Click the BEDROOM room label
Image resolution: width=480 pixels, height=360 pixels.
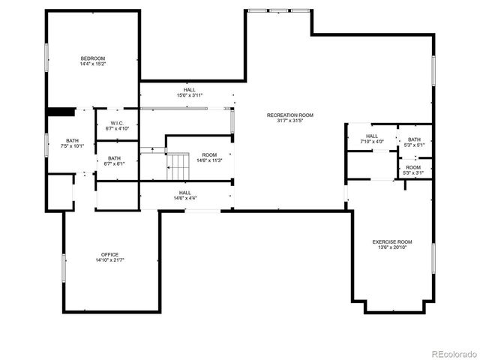93,58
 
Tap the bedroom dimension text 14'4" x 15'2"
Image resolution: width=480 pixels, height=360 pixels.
93,64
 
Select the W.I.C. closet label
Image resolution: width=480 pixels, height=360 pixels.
117,123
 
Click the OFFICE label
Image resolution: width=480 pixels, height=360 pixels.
109,254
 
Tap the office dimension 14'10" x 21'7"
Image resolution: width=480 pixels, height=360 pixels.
109,260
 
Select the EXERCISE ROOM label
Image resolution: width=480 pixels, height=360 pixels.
393,241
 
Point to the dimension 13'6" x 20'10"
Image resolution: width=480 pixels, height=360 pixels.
393,247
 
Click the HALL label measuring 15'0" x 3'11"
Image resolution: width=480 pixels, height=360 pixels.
190,90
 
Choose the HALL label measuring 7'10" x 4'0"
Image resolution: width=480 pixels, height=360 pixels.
372,136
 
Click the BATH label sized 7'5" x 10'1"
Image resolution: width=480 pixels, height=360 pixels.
72,140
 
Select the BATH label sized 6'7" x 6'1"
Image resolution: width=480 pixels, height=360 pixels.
114,158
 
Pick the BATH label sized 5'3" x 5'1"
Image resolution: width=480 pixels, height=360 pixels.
414,139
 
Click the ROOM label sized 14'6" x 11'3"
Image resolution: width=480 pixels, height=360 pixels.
209,154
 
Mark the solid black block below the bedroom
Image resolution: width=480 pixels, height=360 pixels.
60,112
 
